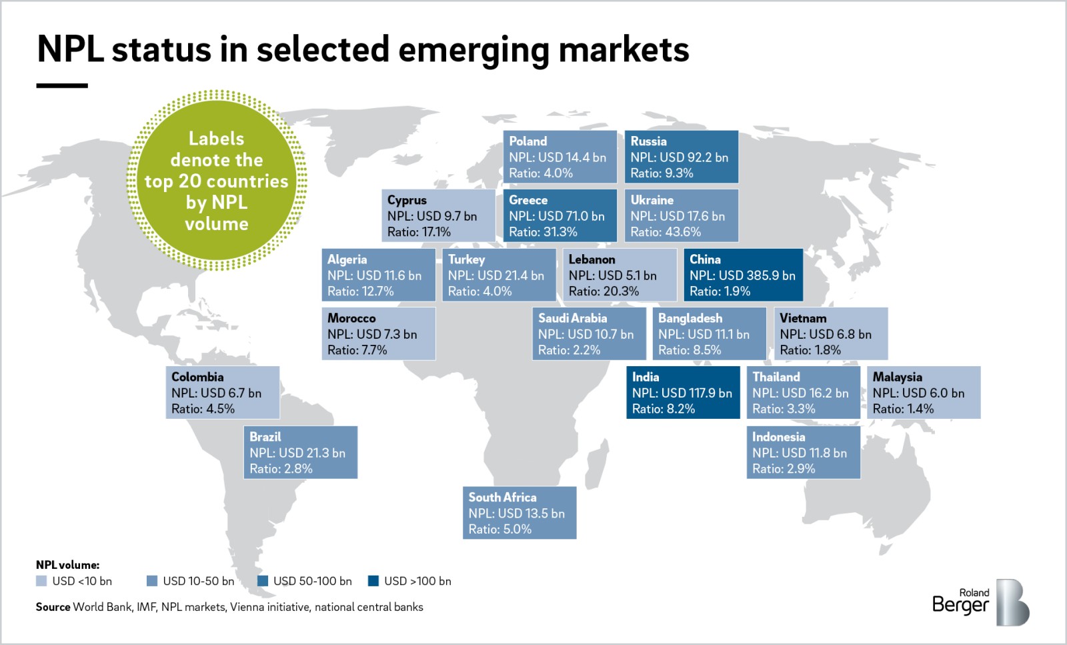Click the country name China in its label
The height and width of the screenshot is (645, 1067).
705,259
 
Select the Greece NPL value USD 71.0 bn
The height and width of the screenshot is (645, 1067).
556,216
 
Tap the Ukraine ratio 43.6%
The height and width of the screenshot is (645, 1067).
666,232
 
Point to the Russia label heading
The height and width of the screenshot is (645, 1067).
648,141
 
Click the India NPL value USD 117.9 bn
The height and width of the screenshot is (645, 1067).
682,394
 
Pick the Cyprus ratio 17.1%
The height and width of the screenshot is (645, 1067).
419,232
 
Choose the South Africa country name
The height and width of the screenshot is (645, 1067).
502,498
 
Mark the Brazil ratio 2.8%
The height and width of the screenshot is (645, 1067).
281,469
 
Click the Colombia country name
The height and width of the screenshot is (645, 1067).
197,377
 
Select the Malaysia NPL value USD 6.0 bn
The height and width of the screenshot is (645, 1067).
918,394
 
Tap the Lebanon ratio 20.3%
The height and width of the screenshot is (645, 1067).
604,291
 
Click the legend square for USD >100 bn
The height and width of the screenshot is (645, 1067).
373,581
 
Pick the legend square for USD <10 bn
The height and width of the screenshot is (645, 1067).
41,581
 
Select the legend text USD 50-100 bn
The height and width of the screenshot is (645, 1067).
312,581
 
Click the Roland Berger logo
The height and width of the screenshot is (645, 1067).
980,602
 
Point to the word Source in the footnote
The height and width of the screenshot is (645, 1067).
53,607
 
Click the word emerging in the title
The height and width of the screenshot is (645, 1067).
473,49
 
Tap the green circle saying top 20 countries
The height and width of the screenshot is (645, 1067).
216,181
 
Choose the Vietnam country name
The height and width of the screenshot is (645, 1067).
803,318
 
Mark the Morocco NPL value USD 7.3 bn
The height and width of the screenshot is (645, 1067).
371,334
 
